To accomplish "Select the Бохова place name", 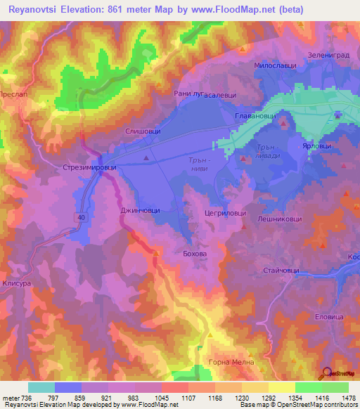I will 195,253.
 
